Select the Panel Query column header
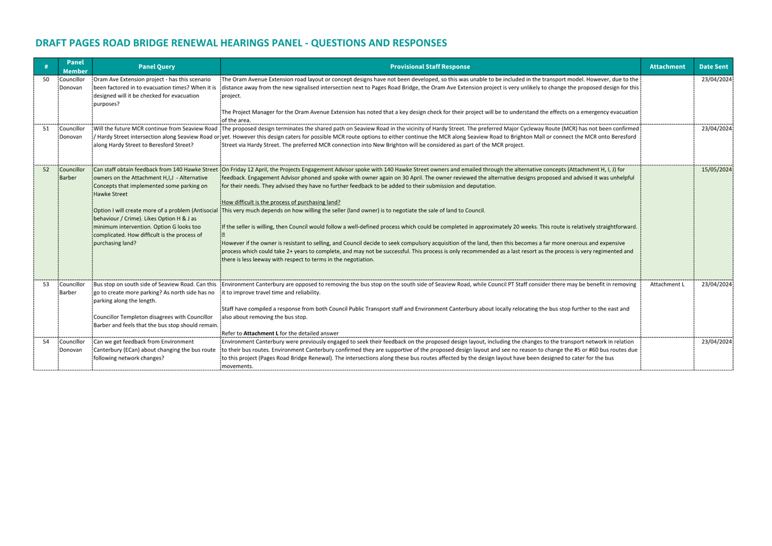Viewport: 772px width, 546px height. (156, 67)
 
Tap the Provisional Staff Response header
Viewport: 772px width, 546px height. (430, 67)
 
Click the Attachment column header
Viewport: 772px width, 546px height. (667, 67)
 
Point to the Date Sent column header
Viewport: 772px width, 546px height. (713, 67)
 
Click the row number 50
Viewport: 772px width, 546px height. (46, 79)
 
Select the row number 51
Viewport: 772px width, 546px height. (46, 129)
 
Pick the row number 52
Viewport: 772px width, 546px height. (46, 169)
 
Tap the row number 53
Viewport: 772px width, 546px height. (46, 284)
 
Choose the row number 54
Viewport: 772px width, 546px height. (46, 342)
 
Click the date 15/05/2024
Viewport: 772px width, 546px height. (716, 169)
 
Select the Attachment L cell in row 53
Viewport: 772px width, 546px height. (667, 284)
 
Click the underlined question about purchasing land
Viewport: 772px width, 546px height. (281, 202)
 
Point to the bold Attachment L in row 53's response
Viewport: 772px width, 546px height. (261, 333)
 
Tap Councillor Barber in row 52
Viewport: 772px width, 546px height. (72, 174)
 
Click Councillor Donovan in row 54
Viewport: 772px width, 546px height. (72, 346)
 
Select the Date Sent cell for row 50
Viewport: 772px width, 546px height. (716, 79)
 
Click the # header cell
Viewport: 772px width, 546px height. (46, 67)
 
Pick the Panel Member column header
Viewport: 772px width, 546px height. (75, 67)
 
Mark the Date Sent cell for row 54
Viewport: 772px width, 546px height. (716, 342)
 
